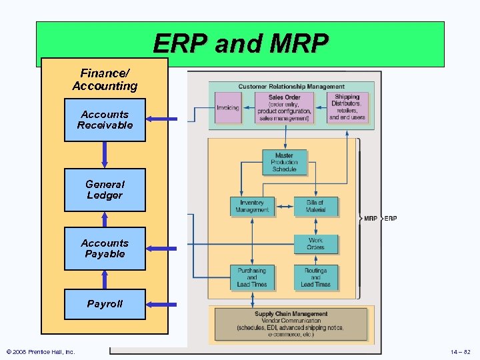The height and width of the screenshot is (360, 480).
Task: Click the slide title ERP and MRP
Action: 240,44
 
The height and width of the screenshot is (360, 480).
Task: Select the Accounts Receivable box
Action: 105,120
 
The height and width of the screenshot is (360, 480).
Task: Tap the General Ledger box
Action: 105,190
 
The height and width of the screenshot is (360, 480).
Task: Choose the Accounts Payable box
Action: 105,249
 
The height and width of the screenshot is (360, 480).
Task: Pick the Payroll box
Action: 105,304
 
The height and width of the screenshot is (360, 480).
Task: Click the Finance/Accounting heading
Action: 105,80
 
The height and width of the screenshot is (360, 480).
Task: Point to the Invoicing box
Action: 228,108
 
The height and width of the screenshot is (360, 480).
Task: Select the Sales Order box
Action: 285,108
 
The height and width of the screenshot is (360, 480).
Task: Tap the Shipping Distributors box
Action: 347,107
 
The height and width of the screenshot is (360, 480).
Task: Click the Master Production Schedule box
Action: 284,163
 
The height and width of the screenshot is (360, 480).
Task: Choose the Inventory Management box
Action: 252,207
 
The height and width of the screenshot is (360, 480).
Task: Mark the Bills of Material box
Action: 315,207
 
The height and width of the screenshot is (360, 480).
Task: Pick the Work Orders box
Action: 315,244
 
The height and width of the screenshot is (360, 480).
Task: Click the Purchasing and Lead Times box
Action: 251,277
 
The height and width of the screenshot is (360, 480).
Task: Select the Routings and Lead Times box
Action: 315,277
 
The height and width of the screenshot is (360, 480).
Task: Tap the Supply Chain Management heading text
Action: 291,314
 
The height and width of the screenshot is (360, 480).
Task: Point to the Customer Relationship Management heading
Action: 291,87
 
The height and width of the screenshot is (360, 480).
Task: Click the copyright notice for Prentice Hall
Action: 41,351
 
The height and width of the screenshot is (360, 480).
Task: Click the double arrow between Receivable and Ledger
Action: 105,155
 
